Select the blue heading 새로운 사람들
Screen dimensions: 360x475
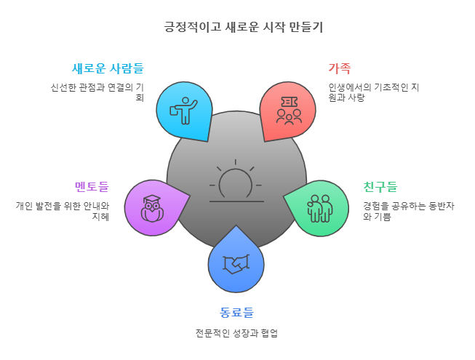108,69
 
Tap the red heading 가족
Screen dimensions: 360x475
339,69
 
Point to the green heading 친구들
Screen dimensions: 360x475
380,187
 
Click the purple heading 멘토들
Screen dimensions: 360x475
91,187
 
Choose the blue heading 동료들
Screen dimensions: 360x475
236,313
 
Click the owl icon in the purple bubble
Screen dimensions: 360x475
152,207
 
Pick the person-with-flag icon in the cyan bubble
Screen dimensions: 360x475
183,110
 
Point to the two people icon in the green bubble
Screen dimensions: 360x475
319,207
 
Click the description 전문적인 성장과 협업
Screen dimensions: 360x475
236,334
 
